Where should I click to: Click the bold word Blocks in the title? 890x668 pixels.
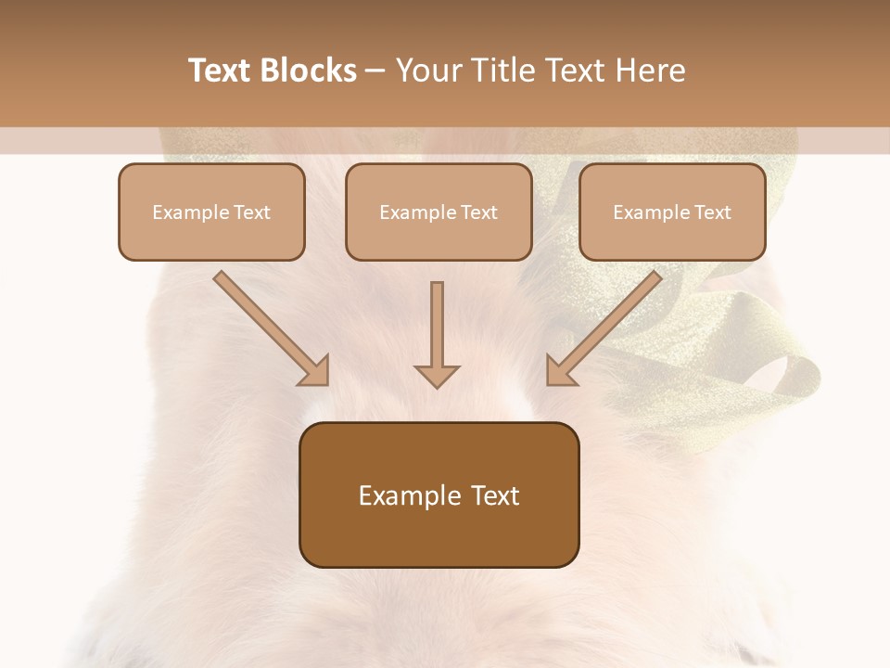(x=311, y=71)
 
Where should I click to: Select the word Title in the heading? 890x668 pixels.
(x=501, y=71)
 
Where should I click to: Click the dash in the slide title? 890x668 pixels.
(x=375, y=71)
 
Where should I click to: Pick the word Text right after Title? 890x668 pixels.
(x=572, y=71)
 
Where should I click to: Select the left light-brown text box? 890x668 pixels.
(x=211, y=212)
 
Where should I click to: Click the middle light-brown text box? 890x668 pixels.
(x=439, y=212)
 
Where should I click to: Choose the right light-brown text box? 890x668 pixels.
(x=672, y=212)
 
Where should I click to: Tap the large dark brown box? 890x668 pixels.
(x=439, y=495)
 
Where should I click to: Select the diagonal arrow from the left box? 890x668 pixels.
(x=272, y=328)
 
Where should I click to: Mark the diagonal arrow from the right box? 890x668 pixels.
(x=604, y=328)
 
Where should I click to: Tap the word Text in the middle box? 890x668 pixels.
(x=479, y=212)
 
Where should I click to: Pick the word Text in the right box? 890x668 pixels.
(x=713, y=212)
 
